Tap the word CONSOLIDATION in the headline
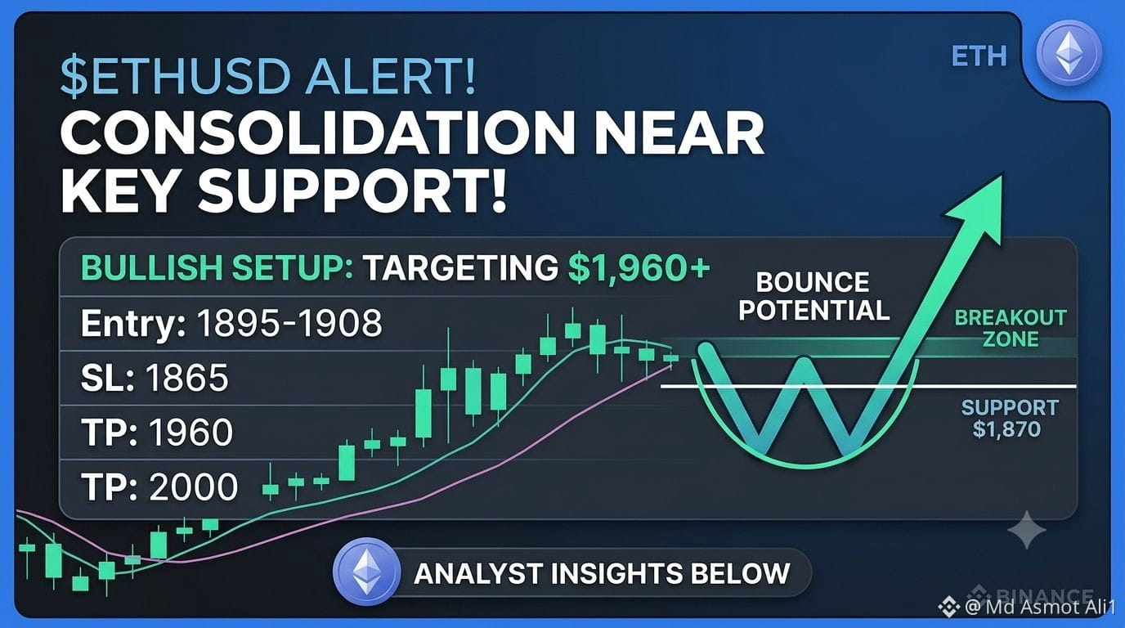(x=316, y=134)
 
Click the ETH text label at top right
(x=979, y=56)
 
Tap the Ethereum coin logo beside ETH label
(x=1069, y=53)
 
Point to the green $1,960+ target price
(x=639, y=267)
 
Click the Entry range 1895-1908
(x=289, y=322)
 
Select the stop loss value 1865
(x=187, y=378)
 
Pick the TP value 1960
(x=191, y=432)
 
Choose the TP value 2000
(x=193, y=487)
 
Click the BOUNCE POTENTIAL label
(x=813, y=296)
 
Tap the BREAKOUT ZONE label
(x=1011, y=329)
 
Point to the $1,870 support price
(x=1006, y=429)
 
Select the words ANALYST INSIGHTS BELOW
(x=602, y=574)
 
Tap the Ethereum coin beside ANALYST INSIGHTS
(x=367, y=572)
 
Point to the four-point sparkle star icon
(x=1027, y=530)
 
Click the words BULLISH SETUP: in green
(x=217, y=267)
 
